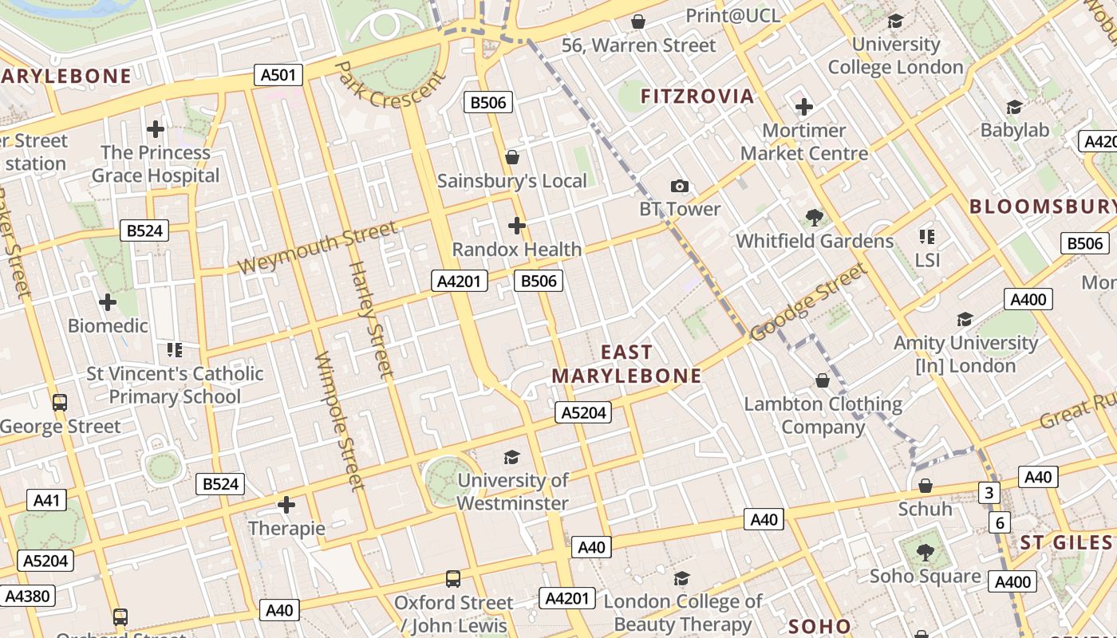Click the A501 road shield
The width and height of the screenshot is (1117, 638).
278,76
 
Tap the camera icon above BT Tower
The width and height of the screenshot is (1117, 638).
680,186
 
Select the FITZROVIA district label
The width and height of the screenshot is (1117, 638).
697,96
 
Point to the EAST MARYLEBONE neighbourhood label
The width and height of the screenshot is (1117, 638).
627,364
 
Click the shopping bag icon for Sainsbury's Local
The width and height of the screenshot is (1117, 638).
512,157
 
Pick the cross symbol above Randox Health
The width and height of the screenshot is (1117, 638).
517,226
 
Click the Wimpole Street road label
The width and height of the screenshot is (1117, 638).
339,420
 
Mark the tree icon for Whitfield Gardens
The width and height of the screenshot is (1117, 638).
815,217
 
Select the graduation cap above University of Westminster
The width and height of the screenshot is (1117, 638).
512,457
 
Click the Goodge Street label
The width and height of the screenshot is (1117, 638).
808,302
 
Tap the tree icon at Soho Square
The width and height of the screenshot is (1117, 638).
925,552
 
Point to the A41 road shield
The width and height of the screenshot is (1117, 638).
46,500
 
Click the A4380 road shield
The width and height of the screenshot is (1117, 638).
27,596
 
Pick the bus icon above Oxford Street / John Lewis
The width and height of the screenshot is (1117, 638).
453,578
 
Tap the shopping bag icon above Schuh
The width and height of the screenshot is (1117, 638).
926,485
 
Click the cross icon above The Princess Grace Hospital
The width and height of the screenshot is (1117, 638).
156,128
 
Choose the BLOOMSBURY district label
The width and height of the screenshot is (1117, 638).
1042,207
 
